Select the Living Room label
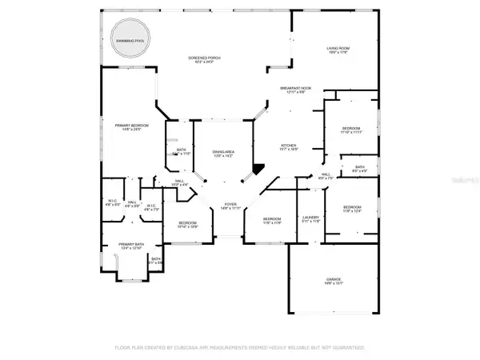(x=337, y=51)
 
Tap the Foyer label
(x=230, y=206)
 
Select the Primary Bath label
(x=130, y=246)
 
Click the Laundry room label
(x=311, y=219)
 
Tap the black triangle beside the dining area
(x=257, y=169)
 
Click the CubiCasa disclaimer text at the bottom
(x=240, y=349)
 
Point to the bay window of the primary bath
(x=130, y=277)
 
